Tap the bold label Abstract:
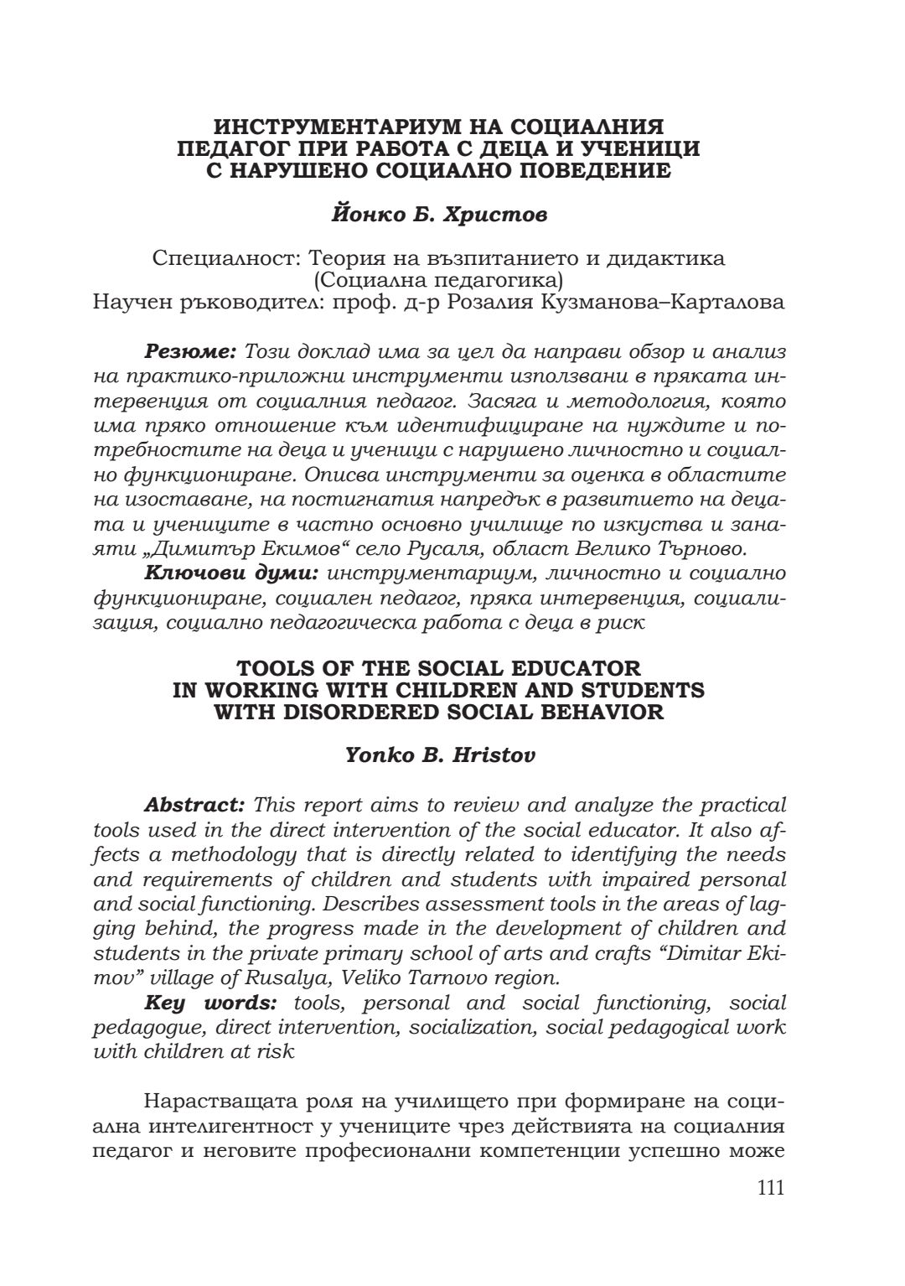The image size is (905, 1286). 194,806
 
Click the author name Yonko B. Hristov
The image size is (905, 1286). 440,755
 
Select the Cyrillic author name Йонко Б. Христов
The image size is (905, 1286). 440,215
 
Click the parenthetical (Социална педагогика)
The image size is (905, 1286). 438,280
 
